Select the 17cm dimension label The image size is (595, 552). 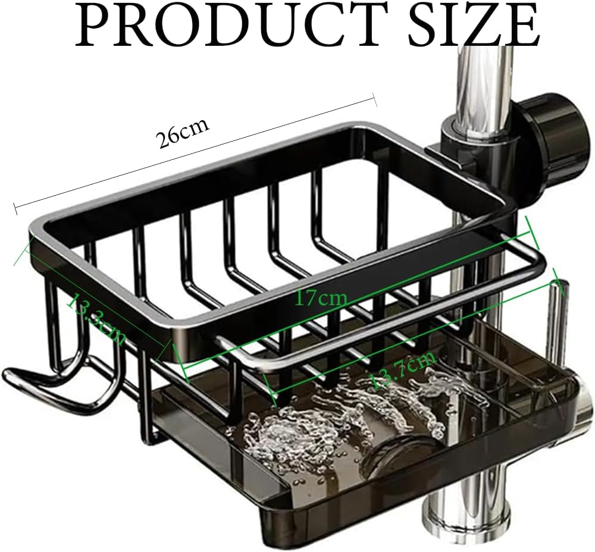(x=321, y=297)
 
